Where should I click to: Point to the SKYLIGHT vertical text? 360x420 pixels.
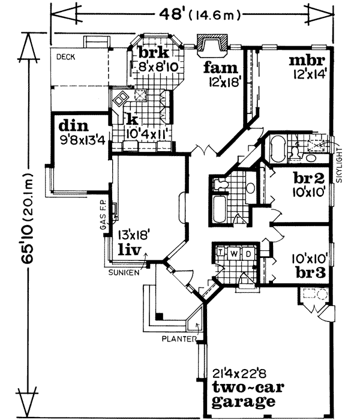pos(340,168)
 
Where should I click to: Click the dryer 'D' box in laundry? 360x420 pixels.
pos(248,253)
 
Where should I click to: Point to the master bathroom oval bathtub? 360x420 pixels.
pos(277,149)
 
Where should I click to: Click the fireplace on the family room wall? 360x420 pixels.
pos(212,44)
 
